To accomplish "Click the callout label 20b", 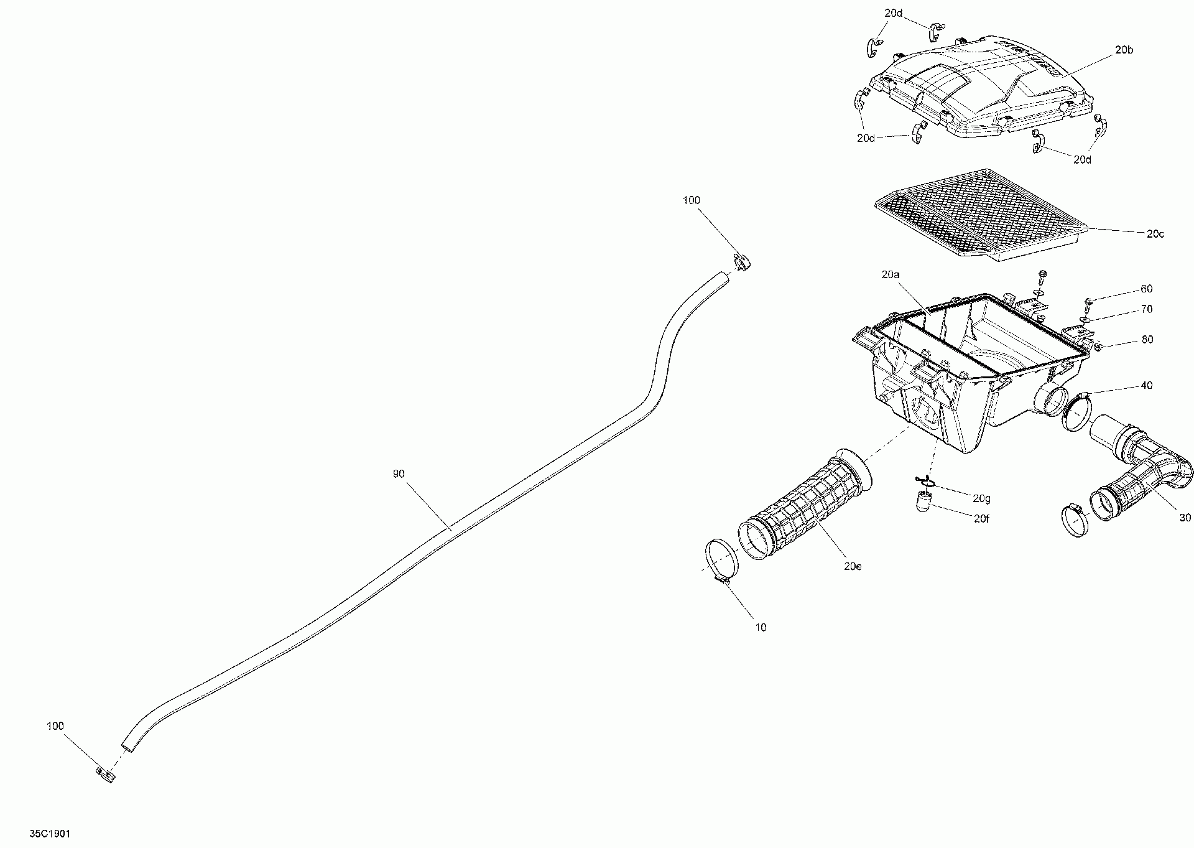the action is (x=1124, y=50).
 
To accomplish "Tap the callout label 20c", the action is (x=1155, y=234).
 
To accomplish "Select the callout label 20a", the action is (x=890, y=274).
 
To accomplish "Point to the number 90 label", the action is (x=399, y=474).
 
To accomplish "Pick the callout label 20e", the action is (x=853, y=567).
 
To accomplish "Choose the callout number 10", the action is (x=761, y=628).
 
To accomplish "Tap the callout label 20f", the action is (x=981, y=519).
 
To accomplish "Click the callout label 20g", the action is (x=982, y=499).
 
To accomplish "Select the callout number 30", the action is (x=1185, y=518).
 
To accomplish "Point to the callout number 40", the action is (x=1146, y=386).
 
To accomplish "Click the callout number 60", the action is (x=1146, y=289).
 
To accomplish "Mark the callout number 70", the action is (x=1146, y=309).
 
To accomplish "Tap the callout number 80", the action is (x=1146, y=340).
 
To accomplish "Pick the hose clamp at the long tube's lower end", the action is (x=106, y=775).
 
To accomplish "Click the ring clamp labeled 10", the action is (x=721, y=560).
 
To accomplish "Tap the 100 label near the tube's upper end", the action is (x=691, y=200).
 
